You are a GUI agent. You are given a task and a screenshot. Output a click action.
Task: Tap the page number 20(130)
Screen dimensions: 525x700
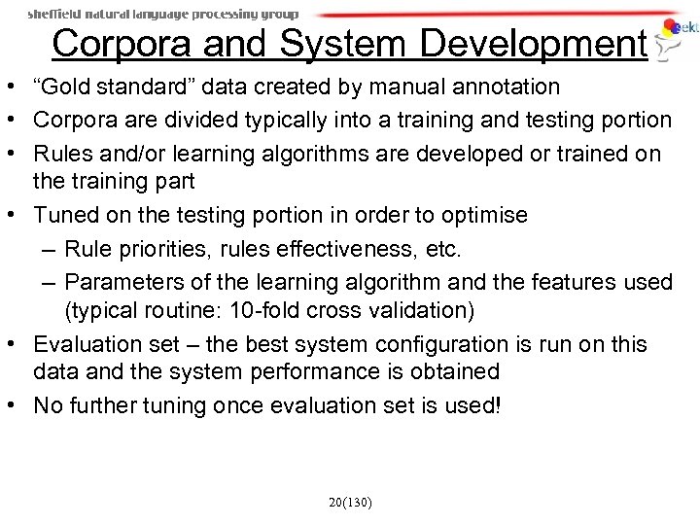tap(350, 503)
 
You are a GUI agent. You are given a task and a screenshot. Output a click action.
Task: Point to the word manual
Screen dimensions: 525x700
tap(392, 87)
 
